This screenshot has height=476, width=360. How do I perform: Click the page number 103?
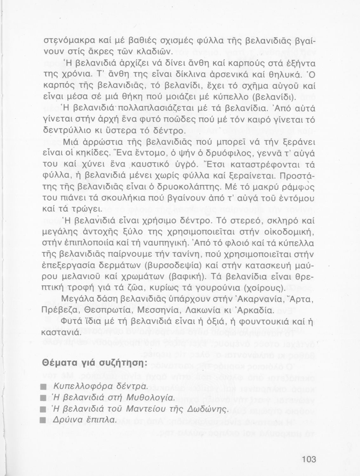tap(309, 459)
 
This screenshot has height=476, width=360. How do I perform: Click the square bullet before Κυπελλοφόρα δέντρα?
tap(45, 387)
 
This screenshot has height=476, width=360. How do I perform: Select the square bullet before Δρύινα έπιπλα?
tap(45, 420)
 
